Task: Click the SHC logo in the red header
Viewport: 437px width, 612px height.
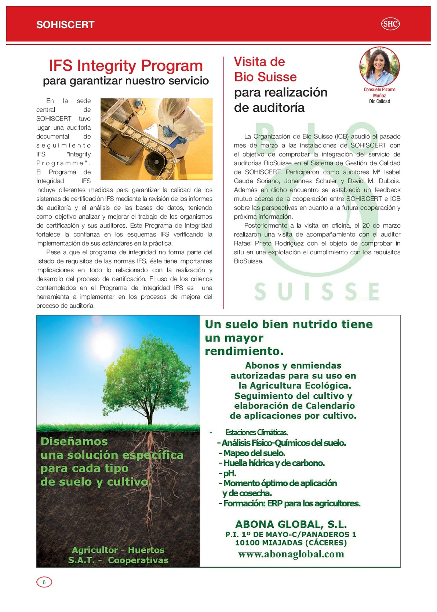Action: click(390, 24)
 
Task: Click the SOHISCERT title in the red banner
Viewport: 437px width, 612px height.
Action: click(65, 25)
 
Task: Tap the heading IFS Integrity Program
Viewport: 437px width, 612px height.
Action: click(126, 66)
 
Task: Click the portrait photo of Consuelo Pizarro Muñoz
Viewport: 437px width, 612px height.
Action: click(379, 66)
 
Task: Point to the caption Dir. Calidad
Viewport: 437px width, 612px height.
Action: click(379, 102)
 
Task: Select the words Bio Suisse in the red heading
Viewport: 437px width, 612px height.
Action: click(265, 77)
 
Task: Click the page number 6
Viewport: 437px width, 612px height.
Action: click(44, 582)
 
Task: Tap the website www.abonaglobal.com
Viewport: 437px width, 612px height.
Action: click(291, 554)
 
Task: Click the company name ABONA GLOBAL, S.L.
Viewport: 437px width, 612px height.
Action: click(291, 524)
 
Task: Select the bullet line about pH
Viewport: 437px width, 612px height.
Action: click(228, 473)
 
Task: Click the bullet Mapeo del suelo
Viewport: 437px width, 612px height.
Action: click(252, 453)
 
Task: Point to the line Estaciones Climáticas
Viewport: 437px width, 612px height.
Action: click(256, 432)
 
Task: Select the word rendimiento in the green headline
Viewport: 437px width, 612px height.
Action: click(244, 351)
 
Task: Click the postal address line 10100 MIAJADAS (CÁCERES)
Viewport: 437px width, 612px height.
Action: click(291, 543)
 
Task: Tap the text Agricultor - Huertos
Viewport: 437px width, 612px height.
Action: click(118, 550)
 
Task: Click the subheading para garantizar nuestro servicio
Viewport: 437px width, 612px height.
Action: click(126, 81)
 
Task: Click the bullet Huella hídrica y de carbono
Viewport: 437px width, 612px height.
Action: click(272, 463)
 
